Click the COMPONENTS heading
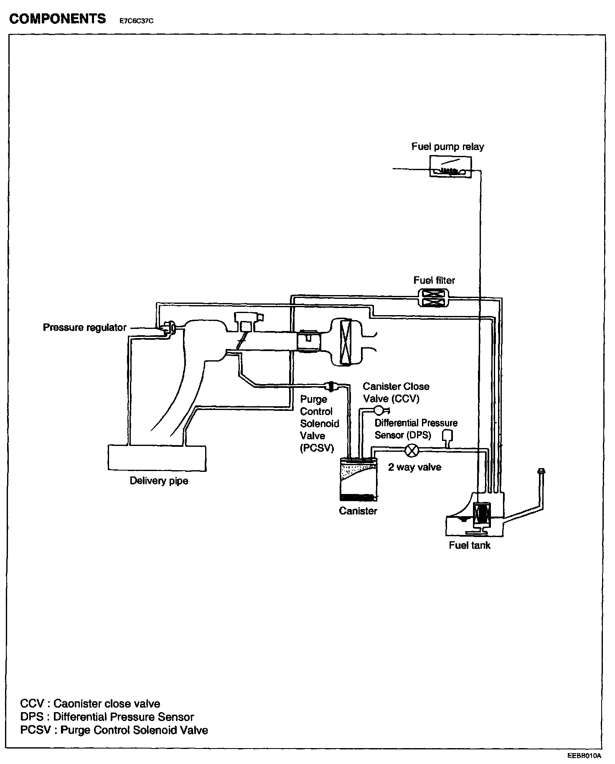click(58, 19)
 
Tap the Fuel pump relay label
click(447, 147)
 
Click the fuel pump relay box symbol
click(450, 167)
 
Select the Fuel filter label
click(434, 280)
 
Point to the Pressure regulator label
click(84, 327)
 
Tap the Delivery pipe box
click(157, 458)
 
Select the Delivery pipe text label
click(159, 481)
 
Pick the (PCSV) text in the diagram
click(317, 448)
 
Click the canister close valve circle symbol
click(379, 410)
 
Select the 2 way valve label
click(414, 467)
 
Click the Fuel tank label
click(469, 545)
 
